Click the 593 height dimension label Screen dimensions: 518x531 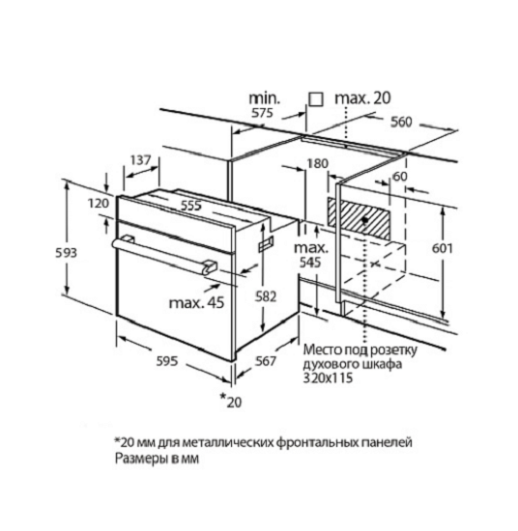click(67, 253)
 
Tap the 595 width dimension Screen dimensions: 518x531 click(167, 361)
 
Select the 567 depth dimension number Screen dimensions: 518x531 click(266, 361)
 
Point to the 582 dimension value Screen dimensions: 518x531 click(266, 296)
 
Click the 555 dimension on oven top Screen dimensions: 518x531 click(191, 206)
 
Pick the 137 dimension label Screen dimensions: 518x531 click(140, 160)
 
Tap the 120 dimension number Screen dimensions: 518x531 click(99, 203)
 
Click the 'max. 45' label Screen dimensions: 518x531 click(197, 302)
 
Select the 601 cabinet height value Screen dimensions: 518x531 click(443, 248)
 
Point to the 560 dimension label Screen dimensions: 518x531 click(401, 122)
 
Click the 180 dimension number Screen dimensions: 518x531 click(318, 163)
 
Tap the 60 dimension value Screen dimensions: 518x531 click(400, 177)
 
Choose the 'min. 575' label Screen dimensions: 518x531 click(264, 105)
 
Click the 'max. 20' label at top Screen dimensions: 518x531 click(362, 98)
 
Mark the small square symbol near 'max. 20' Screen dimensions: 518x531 click(316, 99)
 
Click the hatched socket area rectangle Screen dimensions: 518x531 click(359, 219)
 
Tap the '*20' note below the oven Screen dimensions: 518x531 click(231, 401)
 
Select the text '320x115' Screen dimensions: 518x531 click(328, 377)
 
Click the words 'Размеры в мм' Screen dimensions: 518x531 click(157, 459)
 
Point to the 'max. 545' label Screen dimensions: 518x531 click(311, 255)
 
